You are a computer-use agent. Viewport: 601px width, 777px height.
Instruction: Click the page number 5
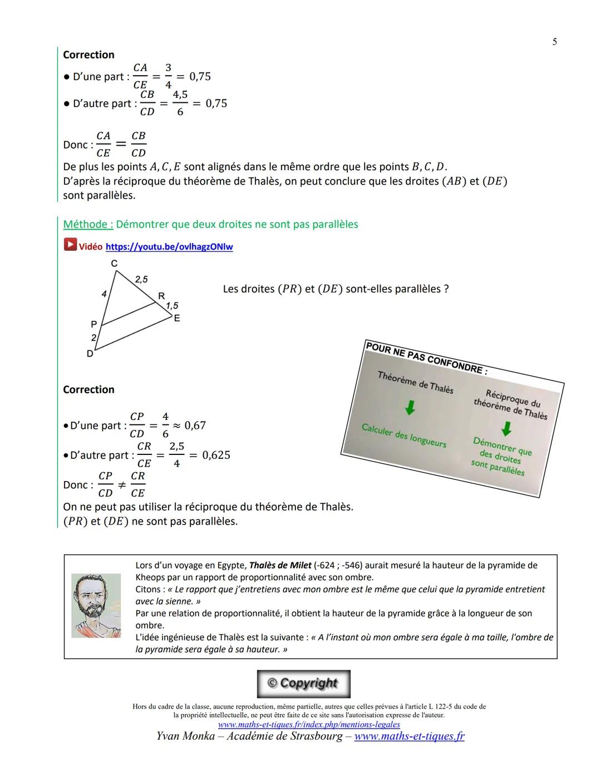554,42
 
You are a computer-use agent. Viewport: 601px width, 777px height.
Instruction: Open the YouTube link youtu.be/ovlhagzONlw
169,246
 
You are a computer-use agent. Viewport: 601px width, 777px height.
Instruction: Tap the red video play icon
70,245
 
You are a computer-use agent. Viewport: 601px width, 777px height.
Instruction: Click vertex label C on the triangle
114,263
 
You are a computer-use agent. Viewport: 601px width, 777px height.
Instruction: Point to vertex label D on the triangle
90,353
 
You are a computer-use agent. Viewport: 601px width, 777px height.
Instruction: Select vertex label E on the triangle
177,318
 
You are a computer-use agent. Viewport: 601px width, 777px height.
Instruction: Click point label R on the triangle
161,296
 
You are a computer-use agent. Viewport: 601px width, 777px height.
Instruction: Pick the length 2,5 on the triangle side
141,279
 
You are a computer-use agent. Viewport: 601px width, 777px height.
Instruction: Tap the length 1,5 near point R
172,305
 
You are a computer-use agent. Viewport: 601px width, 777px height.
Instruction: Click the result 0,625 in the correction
216,455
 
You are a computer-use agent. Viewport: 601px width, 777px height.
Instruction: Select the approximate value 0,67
195,425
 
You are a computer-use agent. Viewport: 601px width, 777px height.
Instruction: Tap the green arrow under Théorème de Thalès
410,408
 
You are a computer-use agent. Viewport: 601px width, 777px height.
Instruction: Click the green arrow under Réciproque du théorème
506,429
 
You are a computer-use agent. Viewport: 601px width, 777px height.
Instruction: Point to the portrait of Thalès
96,606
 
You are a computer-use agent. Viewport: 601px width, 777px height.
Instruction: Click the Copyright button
303,684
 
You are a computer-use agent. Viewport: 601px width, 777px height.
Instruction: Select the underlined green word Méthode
88,224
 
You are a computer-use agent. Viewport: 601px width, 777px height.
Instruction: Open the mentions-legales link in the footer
309,724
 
